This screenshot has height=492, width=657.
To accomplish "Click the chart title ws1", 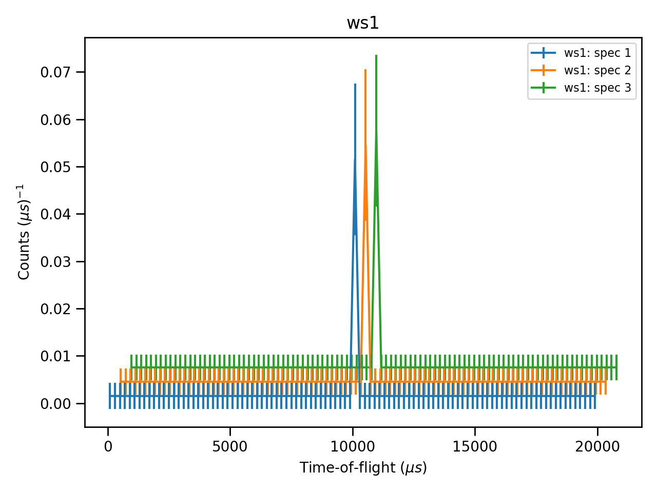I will pos(363,23).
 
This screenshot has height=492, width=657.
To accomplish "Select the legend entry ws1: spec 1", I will pos(597,53).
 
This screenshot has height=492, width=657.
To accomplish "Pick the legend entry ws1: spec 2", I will pos(597,70).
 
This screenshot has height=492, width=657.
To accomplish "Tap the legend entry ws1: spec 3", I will pos(597,88).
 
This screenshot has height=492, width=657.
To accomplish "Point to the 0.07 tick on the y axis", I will pos(55,72).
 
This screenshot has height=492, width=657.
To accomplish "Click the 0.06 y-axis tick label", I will pos(55,119).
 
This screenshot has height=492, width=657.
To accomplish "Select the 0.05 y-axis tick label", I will pos(55,167).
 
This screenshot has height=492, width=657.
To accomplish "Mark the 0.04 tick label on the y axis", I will pos(55,214).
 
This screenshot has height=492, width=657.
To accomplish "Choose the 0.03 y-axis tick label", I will pos(55,261).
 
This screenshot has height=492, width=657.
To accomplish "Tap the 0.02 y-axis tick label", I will pos(55,309).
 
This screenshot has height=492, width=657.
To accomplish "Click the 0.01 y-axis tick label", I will pos(55,356).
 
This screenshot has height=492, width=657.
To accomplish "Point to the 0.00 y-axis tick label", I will pos(55,403).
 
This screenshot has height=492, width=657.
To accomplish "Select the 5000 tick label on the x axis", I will pos(230,447).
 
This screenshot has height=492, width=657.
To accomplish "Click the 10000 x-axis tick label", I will pos(353,447).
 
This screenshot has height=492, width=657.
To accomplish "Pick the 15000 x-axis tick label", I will pos(475,447).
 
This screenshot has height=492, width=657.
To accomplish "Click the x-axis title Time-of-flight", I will pos(363,467).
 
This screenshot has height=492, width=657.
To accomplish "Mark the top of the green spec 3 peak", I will pos(376,55).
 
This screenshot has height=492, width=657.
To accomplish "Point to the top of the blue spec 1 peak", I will pos(355,84).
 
